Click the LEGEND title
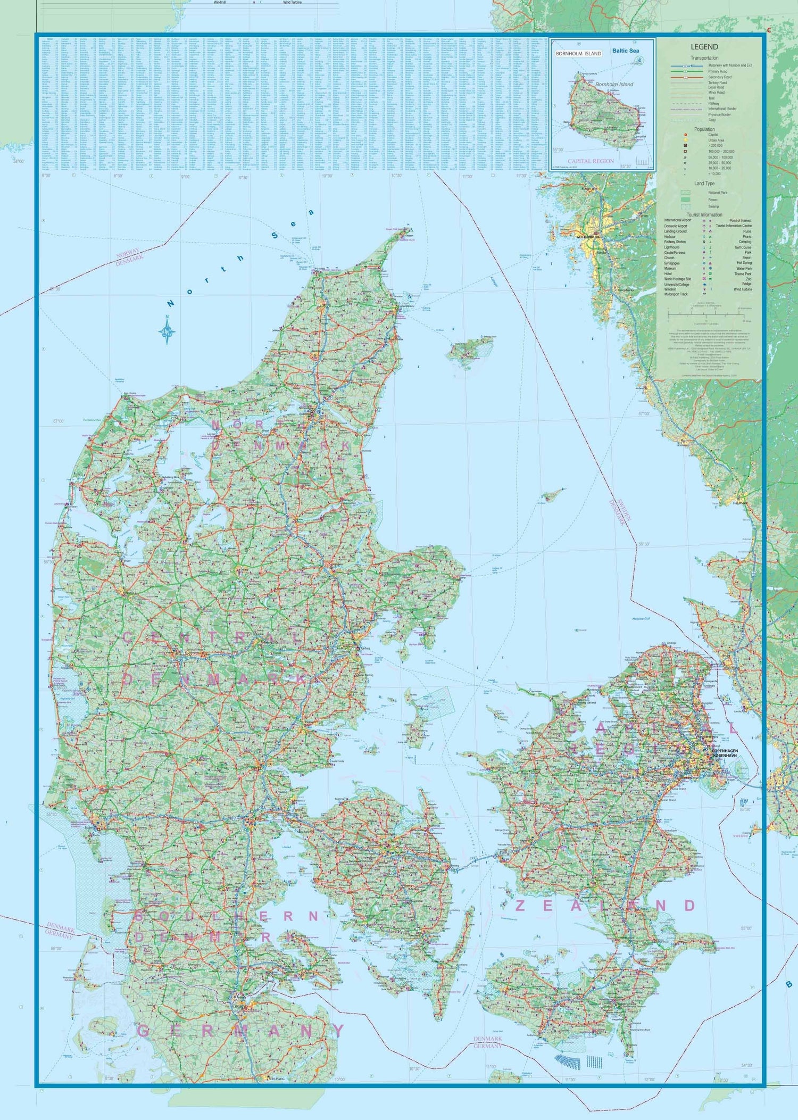pos(704,47)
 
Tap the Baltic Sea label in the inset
pos(625,51)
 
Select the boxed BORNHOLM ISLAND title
pos(578,54)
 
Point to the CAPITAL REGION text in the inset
pos(591,161)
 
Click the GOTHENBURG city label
pos(588,237)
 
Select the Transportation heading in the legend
pos(704,58)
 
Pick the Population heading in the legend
pos(704,129)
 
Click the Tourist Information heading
pos(704,215)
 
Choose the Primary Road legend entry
pos(718,71)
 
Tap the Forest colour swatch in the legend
pos(686,200)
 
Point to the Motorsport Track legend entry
pos(676,294)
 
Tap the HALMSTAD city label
pos(740,503)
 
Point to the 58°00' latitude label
pos(19,161)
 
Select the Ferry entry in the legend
pos(712,120)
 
